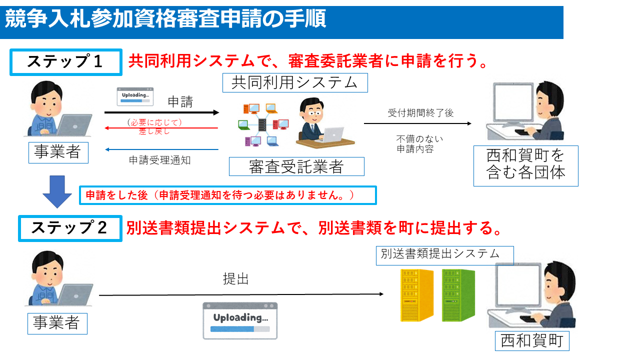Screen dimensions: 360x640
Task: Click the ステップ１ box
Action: tap(66, 62)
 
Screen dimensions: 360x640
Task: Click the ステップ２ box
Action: tap(70, 228)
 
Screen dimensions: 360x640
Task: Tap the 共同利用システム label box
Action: tap(295, 83)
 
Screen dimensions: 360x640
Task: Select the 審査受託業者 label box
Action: tap(296, 166)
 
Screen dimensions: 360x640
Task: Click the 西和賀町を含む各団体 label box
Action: tap(525, 165)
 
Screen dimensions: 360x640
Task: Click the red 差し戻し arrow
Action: tap(161, 128)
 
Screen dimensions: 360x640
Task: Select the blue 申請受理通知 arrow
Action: tap(161, 149)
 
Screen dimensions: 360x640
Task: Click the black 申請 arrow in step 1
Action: tap(161, 112)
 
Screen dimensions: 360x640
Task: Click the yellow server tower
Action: tap(416, 295)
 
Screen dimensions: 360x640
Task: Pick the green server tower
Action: tap(458, 295)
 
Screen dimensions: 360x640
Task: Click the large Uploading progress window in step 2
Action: tap(240, 321)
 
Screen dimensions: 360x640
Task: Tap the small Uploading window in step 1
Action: tap(135, 96)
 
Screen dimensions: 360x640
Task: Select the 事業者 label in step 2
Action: tap(57, 323)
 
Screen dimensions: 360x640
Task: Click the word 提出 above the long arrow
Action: tap(235, 279)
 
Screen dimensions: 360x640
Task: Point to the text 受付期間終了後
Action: tap(420, 113)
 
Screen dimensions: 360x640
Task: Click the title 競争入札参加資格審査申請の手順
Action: tap(165, 20)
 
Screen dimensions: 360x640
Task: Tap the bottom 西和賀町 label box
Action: tap(532, 341)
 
